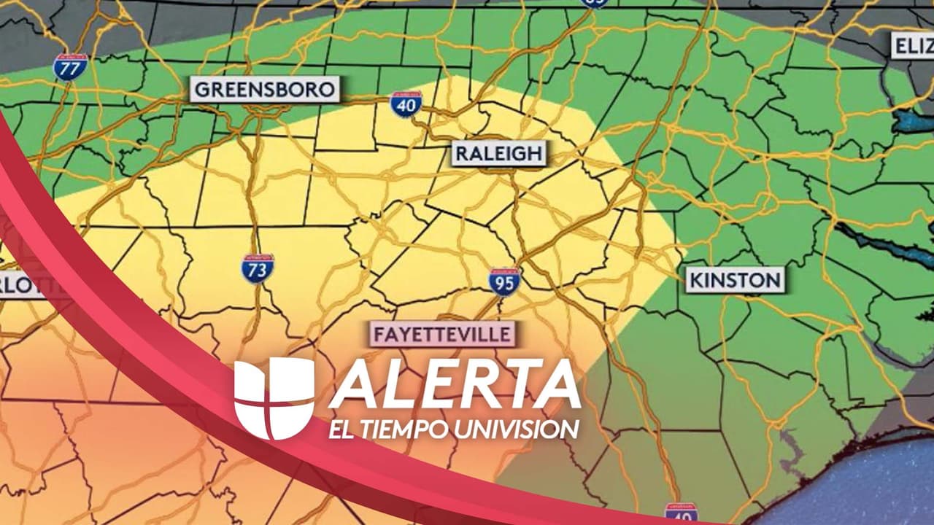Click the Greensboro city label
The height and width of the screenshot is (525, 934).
pyautogui.click(x=265, y=90)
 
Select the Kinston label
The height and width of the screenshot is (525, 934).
pyautogui.click(x=736, y=280)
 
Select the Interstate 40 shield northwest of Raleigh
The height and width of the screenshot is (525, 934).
pyautogui.click(x=406, y=105)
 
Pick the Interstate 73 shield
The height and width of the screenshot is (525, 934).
pyautogui.click(x=258, y=268)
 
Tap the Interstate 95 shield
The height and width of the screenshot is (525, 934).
pyautogui.click(x=504, y=281)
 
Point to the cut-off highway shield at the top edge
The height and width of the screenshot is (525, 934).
pyautogui.click(x=595, y=4)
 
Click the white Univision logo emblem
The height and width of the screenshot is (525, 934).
pyautogui.click(x=274, y=398)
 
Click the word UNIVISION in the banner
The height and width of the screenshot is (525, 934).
pyautogui.click(x=516, y=429)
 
